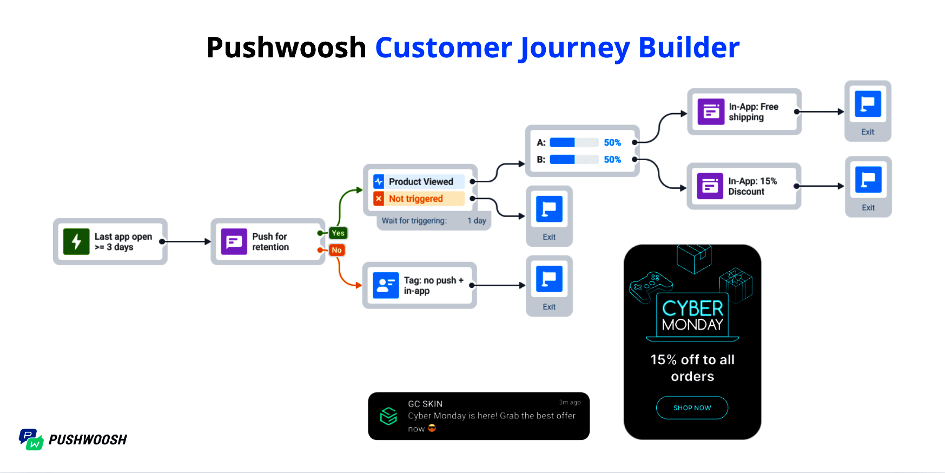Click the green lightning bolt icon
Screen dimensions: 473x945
coord(76,241)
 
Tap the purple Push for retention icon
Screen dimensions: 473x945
coord(234,241)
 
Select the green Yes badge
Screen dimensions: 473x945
coord(338,233)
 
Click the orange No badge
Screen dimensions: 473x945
coord(336,250)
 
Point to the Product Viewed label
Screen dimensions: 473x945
coord(421,182)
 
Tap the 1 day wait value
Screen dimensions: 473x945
coord(477,221)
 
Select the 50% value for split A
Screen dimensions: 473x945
coord(612,143)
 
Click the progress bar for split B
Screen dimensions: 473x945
coord(573,160)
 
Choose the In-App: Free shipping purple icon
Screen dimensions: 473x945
coord(711,112)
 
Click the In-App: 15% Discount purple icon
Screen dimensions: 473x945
coord(710,186)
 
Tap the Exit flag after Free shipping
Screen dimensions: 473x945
coord(868,104)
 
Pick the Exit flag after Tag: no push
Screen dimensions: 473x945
coord(549,279)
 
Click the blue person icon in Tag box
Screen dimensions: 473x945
coord(386,285)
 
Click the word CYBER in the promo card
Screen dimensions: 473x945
coord(692,308)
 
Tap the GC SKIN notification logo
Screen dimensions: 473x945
coord(388,416)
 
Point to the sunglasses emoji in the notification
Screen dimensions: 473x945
coord(432,428)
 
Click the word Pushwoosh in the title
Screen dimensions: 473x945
coord(286,48)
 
